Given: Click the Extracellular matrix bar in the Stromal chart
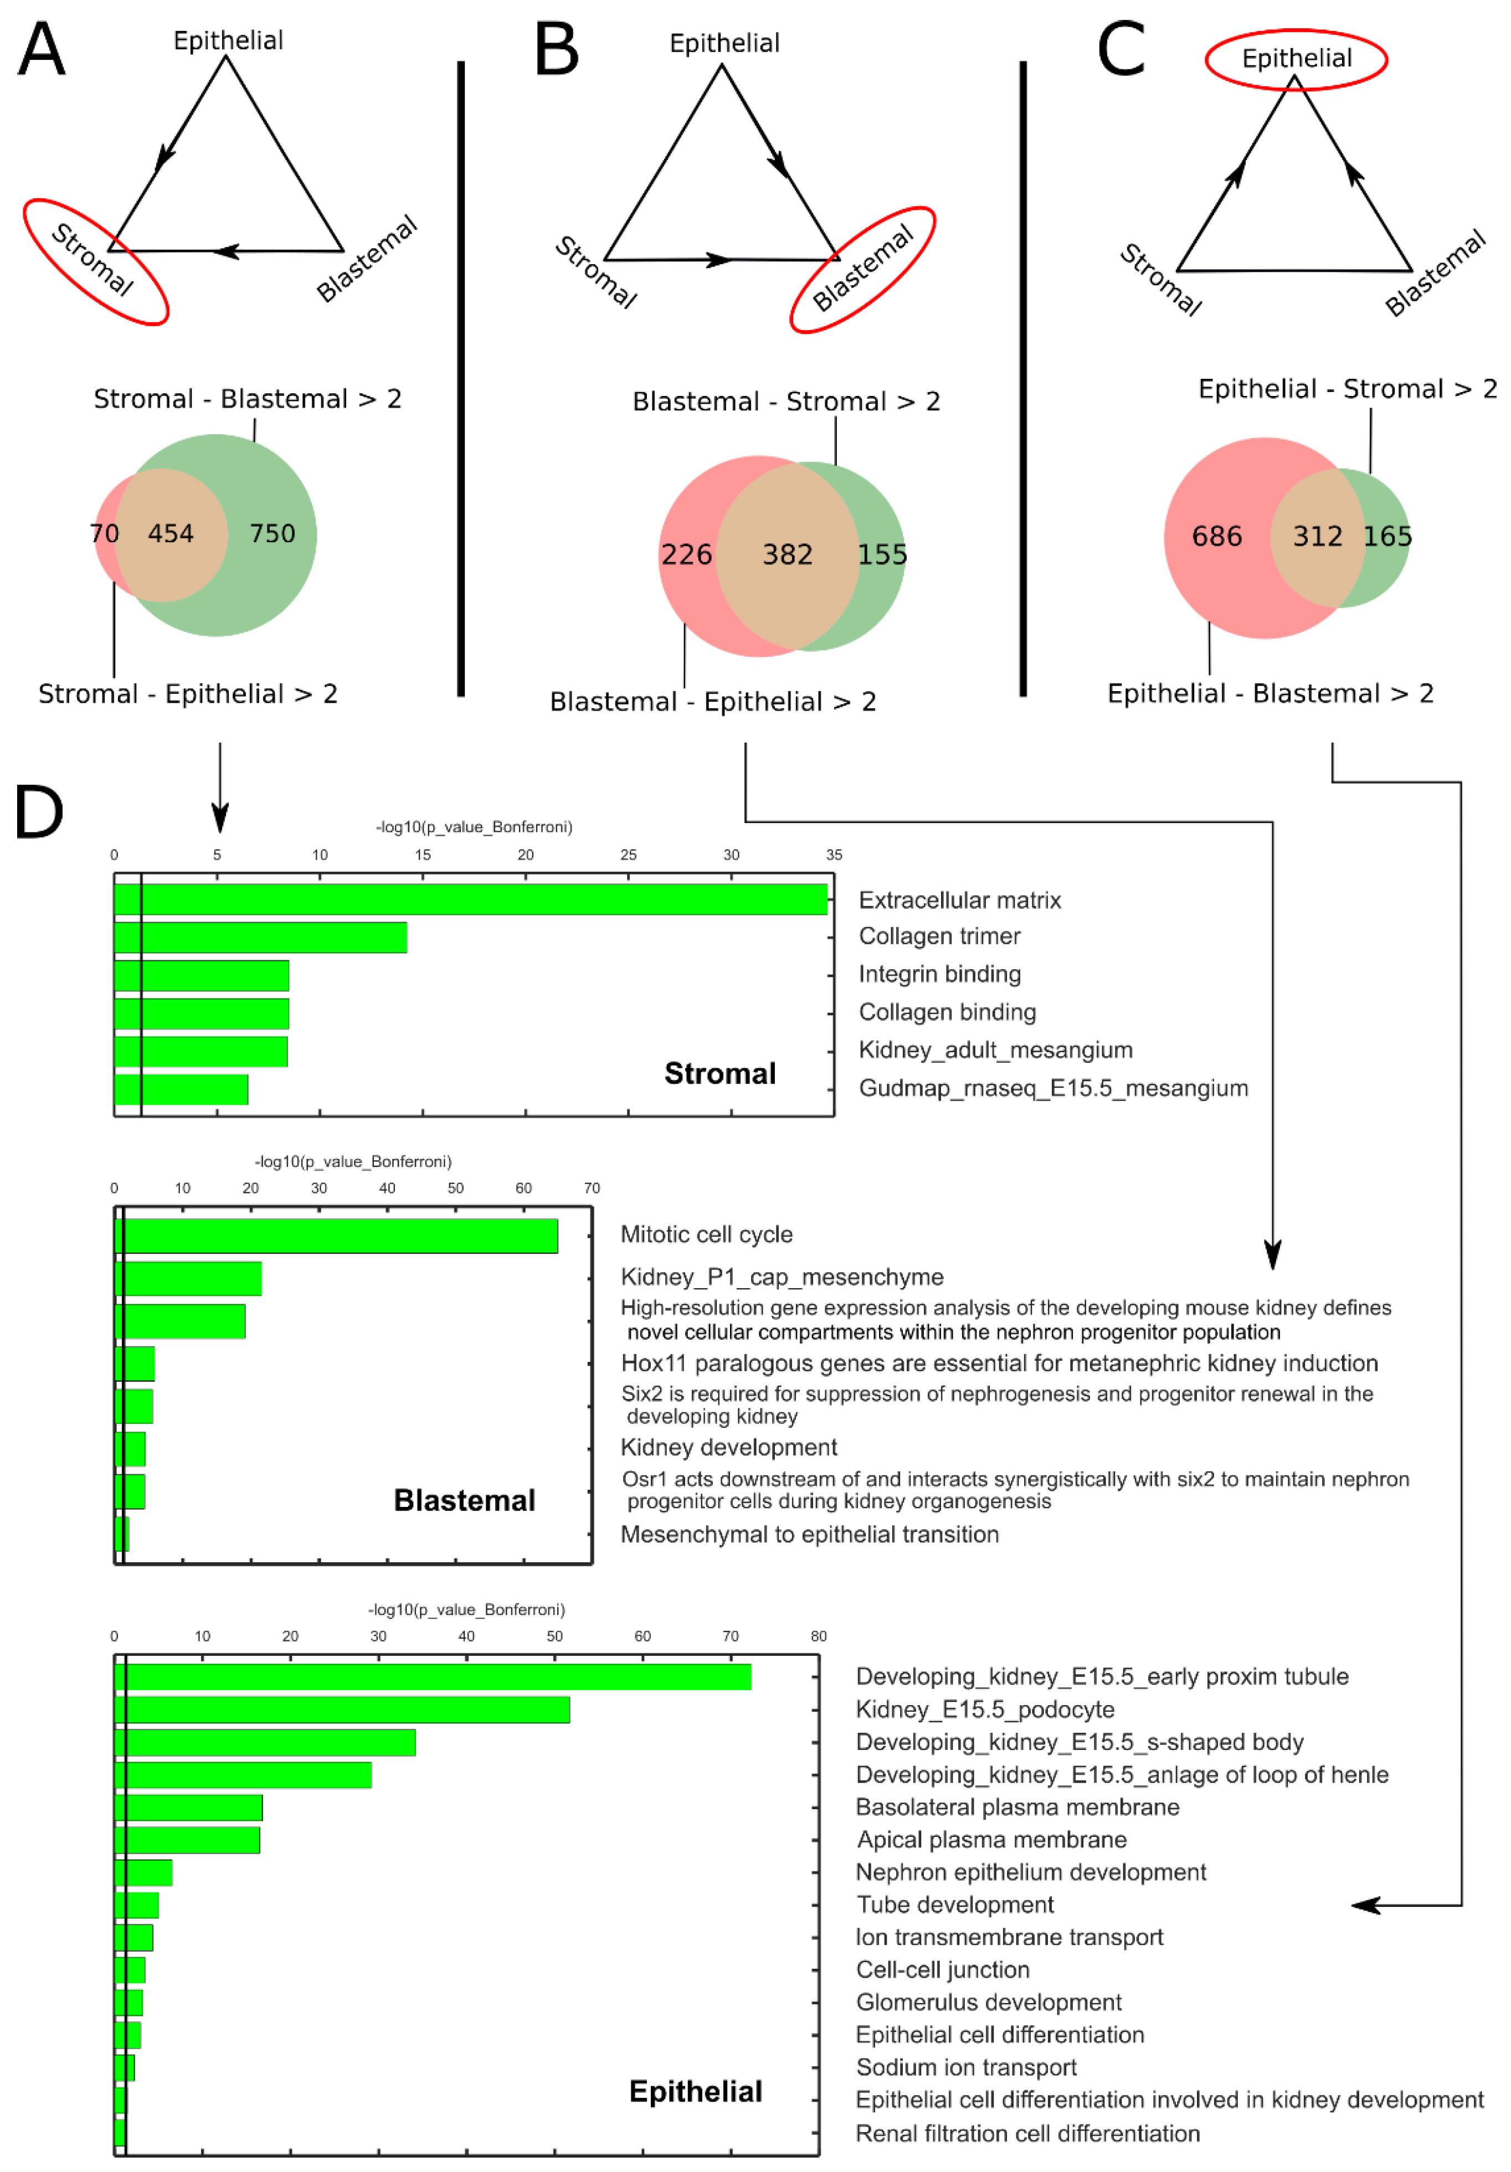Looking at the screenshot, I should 470,899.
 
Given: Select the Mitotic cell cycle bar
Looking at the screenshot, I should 336,1236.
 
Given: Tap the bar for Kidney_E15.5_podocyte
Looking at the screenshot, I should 342,1710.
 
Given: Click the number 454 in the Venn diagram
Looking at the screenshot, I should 170,533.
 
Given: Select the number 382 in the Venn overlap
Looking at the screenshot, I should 787,554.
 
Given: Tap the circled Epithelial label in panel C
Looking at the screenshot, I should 1296,59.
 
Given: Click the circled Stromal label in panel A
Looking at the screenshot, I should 92,259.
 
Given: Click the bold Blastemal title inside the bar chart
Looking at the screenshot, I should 464,1500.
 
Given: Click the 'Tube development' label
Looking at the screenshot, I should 955,1905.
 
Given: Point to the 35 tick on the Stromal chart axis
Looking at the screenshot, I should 834,854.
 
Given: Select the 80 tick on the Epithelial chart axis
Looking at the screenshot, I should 819,1635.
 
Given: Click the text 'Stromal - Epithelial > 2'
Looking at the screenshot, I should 187,694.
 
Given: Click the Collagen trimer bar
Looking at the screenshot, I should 260,936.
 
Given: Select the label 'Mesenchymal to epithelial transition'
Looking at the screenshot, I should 809,1535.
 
